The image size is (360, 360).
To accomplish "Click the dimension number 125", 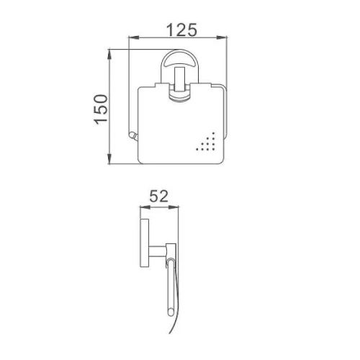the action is click(x=181, y=30).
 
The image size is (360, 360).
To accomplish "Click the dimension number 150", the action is click(x=101, y=109).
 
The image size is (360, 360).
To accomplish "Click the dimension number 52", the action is click(x=158, y=196).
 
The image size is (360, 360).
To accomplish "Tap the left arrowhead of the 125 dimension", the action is click(x=134, y=37).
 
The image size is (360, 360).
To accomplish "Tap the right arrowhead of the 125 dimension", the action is click(x=222, y=37).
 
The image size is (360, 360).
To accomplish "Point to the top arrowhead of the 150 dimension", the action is click(x=109, y=54).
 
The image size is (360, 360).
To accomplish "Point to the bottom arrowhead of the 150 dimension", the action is click(x=109, y=159).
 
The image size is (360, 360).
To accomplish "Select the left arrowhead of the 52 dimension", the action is click(x=145, y=207).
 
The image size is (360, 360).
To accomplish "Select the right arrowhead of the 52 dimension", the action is click(x=174, y=207).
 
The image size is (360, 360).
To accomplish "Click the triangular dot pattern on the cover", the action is click(x=208, y=143).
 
